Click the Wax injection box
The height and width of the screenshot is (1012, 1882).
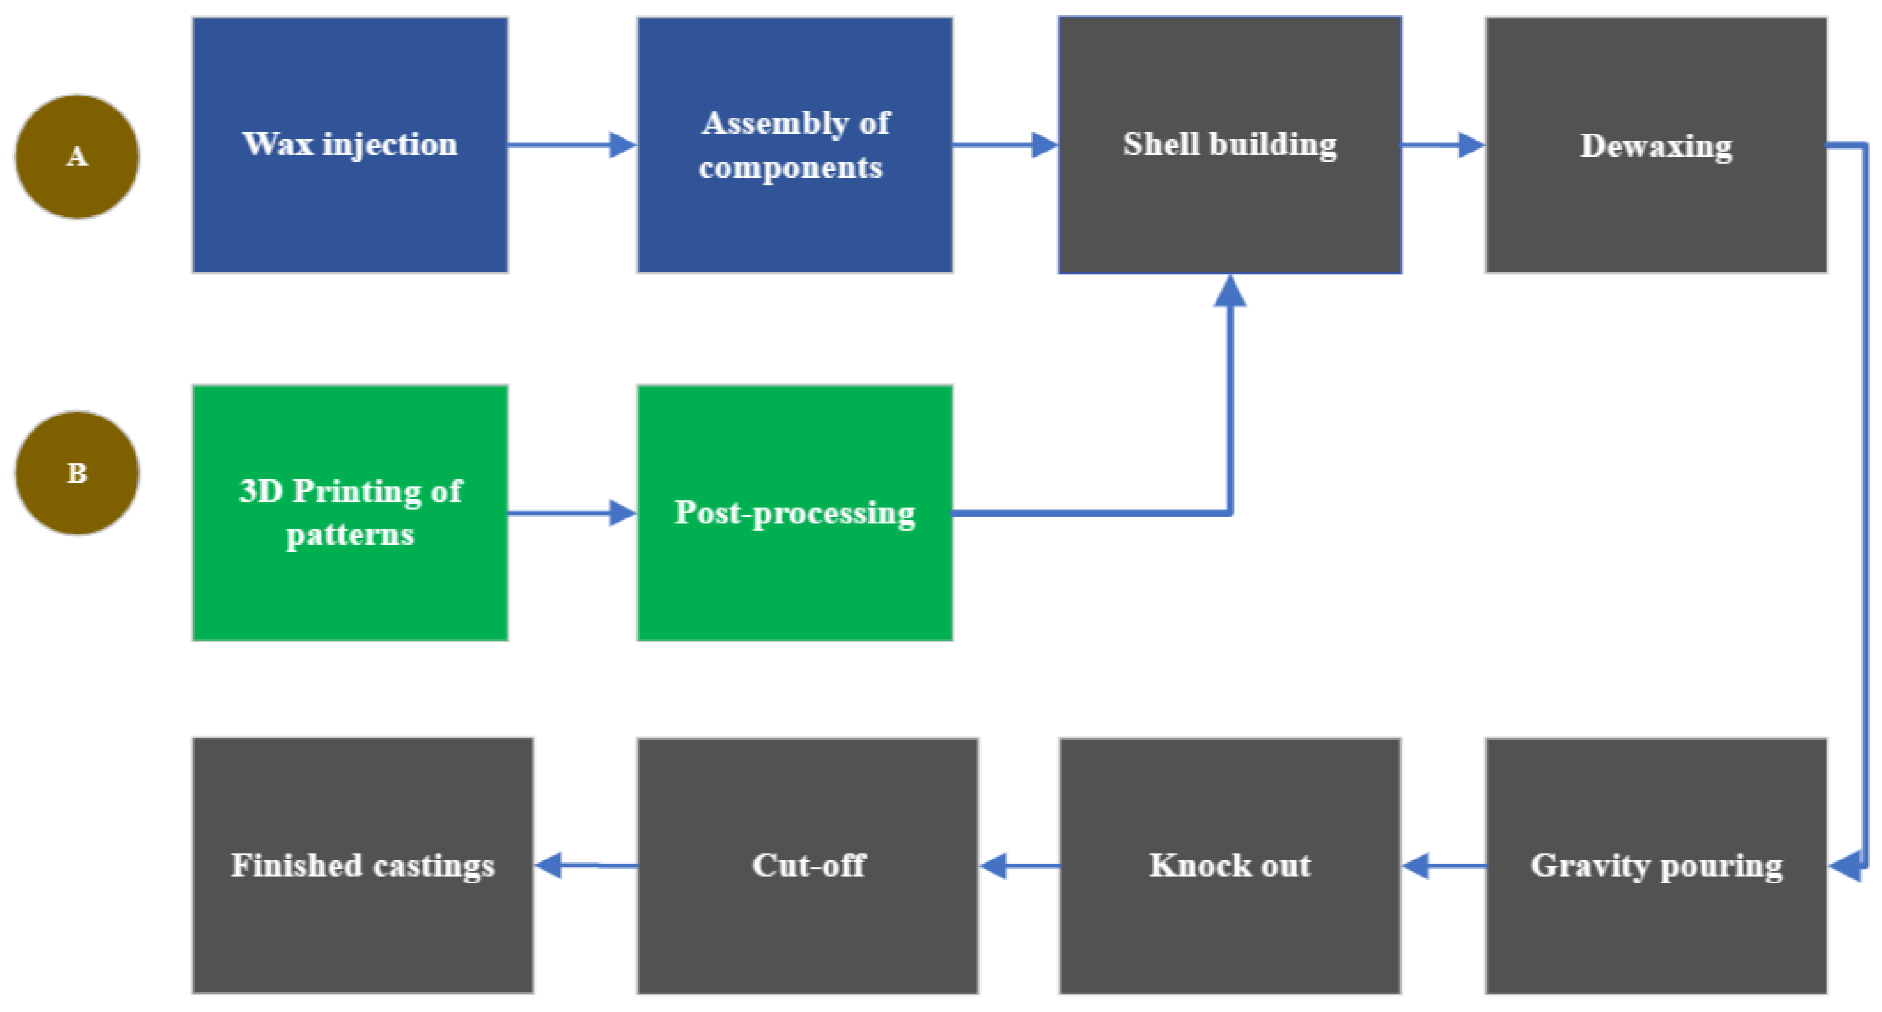350,145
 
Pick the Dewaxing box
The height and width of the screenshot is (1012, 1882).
1656,145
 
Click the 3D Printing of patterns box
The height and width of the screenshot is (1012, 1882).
350,513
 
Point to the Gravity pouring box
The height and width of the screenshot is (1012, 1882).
1656,866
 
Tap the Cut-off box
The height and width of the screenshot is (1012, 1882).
807,866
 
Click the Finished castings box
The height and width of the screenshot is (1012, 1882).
362,866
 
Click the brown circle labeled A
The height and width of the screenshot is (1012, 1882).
77,157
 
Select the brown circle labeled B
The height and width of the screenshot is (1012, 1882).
77,473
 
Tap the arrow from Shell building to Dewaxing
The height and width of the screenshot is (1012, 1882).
1443,145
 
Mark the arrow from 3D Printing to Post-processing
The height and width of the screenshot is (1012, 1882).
572,513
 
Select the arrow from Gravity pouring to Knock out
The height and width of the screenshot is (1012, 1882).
1443,866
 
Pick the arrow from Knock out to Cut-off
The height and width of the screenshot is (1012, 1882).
1019,866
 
